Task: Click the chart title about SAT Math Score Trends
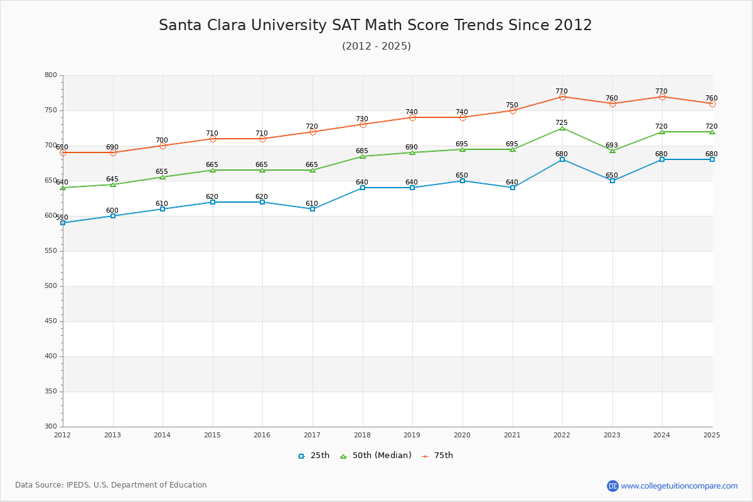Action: (375, 25)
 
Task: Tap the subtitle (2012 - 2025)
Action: (376, 46)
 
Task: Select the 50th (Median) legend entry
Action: (375, 456)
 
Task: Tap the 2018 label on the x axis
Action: (362, 435)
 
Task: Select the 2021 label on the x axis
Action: (512, 435)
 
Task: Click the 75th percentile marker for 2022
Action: (562, 97)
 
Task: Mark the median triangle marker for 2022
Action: (562, 128)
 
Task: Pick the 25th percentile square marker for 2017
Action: (312, 209)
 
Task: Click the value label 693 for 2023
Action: (612, 145)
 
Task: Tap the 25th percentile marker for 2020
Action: (462, 181)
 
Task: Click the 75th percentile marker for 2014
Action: (163, 146)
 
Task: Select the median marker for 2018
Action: (363, 156)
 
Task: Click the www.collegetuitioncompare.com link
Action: (679, 486)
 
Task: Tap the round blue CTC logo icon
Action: (612, 486)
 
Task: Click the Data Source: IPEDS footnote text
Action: (111, 485)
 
